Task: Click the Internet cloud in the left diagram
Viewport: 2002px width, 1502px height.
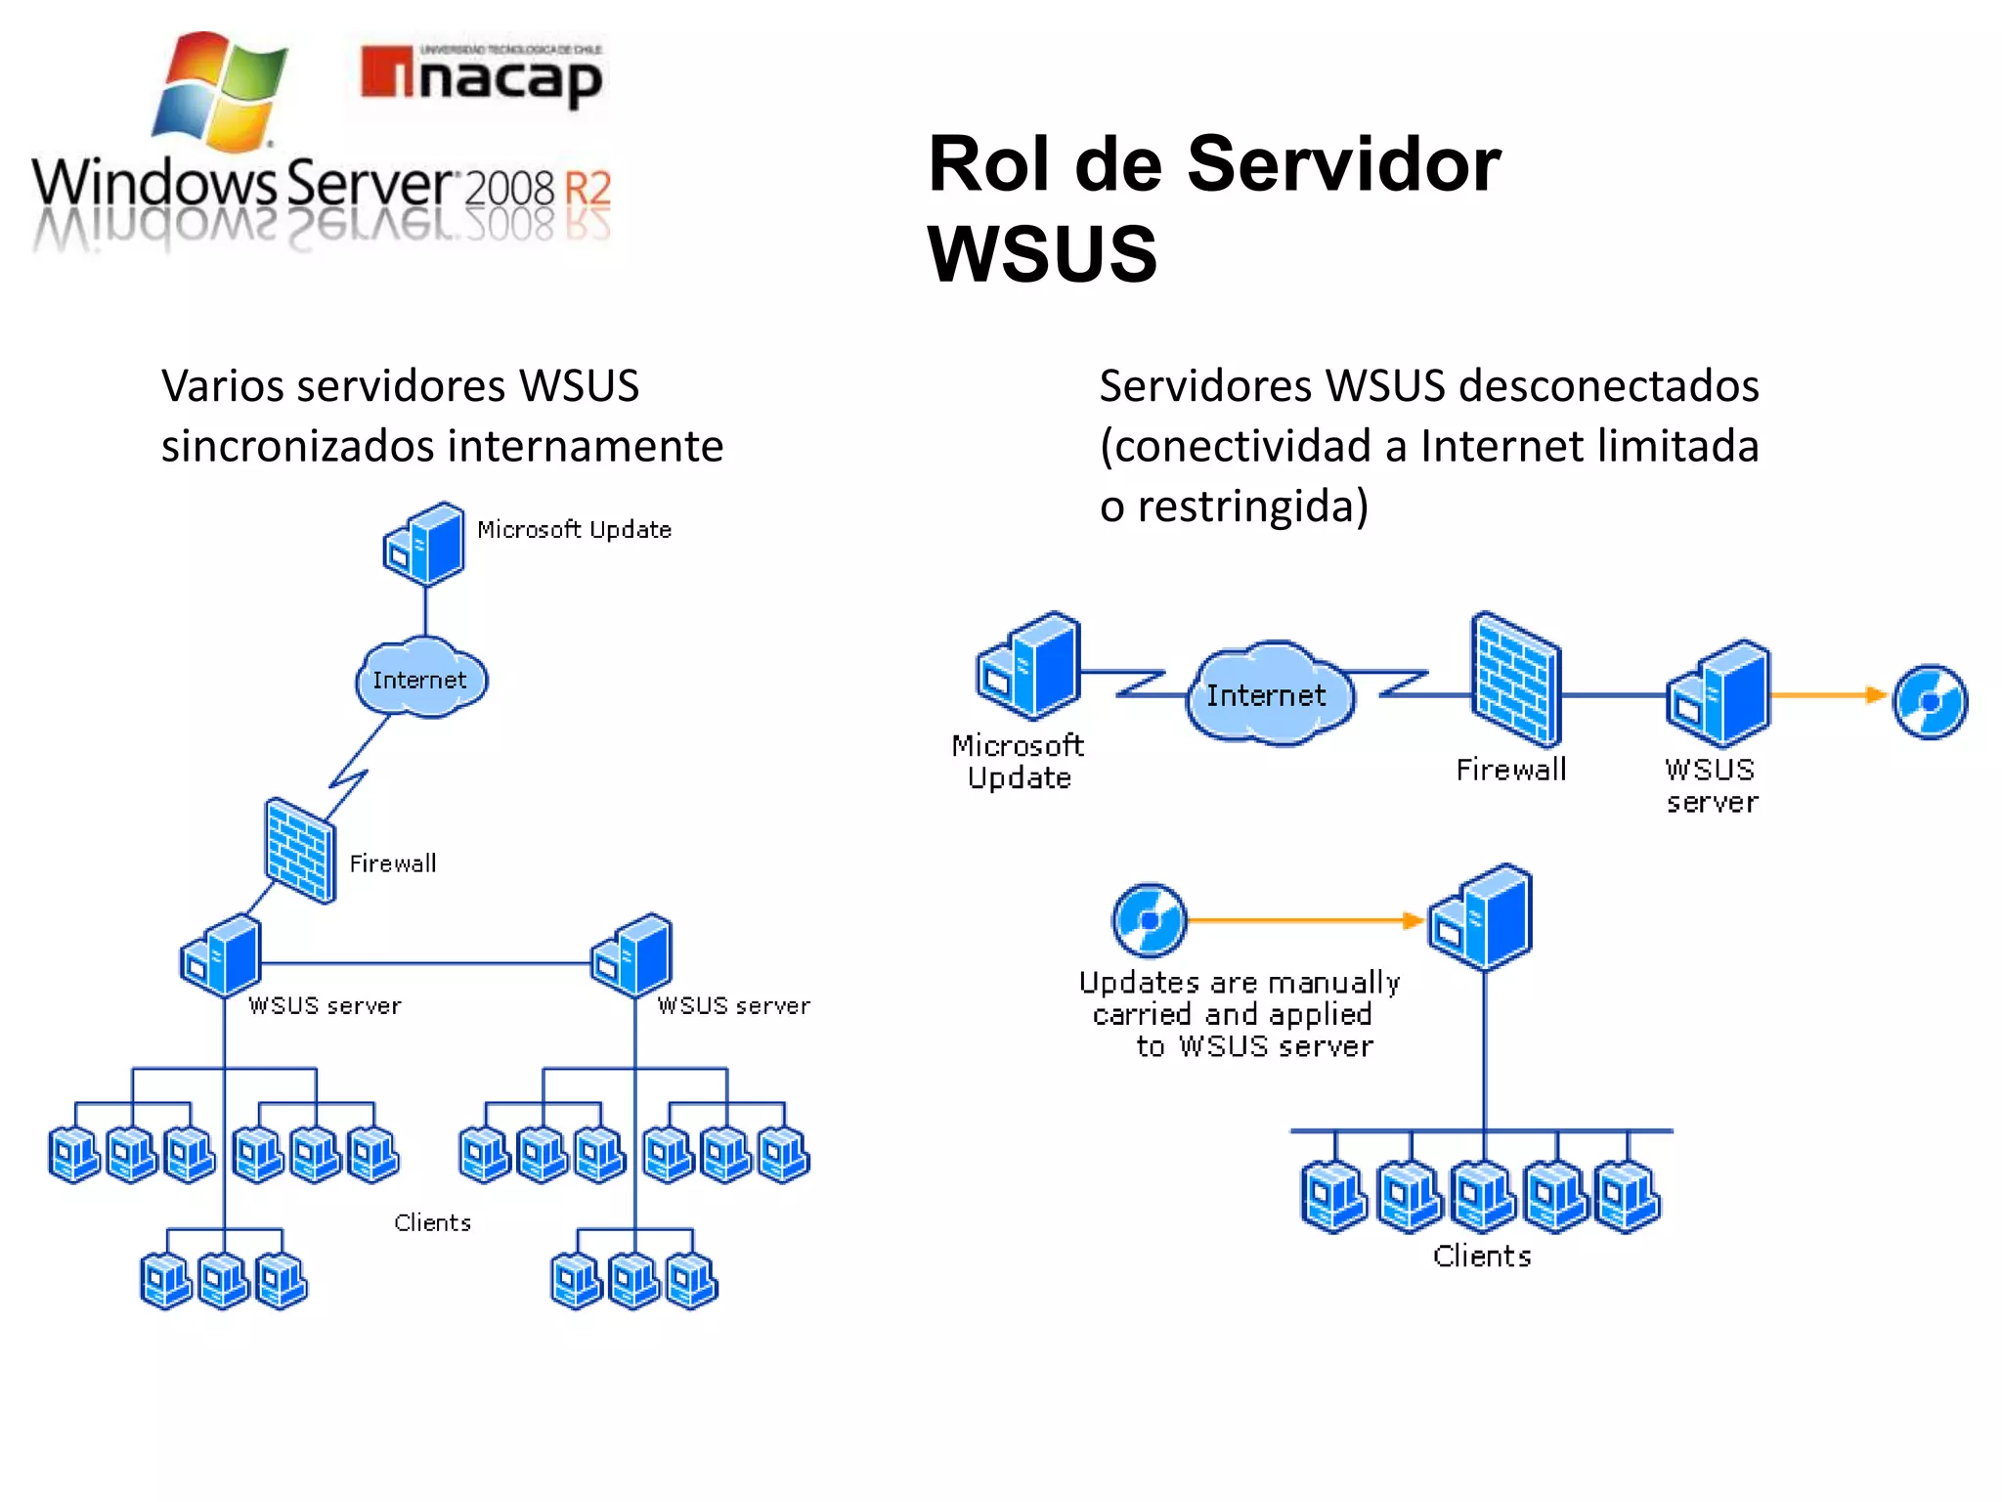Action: point(420,679)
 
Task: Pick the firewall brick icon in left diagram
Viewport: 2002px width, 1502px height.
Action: point(300,850)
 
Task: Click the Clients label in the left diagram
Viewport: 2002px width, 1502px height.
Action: point(432,1222)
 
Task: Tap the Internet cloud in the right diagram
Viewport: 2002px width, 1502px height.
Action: point(1269,694)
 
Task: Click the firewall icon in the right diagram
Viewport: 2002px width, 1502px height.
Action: point(1515,681)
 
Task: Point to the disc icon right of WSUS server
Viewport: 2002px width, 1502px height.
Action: point(1930,701)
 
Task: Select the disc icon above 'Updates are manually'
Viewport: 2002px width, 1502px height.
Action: point(1150,920)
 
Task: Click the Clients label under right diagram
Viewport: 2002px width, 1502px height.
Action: point(1482,1256)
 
